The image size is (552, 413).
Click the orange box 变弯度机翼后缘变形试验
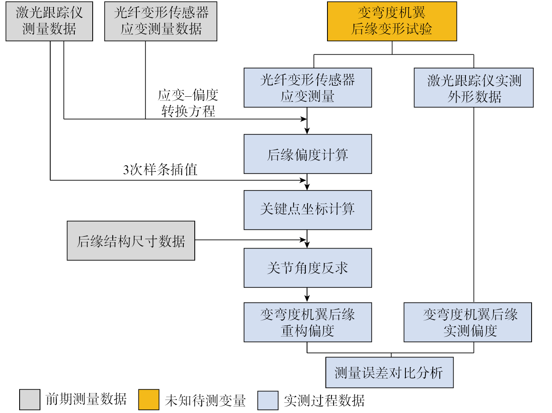click(x=392, y=21)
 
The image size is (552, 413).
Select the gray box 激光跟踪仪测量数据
click(x=49, y=21)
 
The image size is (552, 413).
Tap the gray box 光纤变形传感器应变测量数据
click(x=160, y=21)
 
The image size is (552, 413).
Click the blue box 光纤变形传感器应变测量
click(x=307, y=88)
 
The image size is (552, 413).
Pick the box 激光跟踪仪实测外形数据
click(x=474, y=88)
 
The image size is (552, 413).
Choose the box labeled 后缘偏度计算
click(x=307, y=154)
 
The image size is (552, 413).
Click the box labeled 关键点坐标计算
click(x=307, y=210)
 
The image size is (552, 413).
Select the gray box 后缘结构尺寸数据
click(x=131, y=241)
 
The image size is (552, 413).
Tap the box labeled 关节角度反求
click(x=307, y=268)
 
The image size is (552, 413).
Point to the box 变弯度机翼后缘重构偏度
click(x=307, y=322)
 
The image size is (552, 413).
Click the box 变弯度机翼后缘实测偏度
click(x=467, y=322)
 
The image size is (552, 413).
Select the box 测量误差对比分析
click(x=389, y=373)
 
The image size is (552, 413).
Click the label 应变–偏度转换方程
click(x=188, y=103)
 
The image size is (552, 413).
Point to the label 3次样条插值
click(x=160, y=170)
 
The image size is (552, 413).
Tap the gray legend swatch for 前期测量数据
click(x=30, y=400)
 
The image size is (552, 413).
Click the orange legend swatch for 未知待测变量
click(x=149, y=400)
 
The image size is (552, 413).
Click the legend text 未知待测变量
click(x=205, y=400)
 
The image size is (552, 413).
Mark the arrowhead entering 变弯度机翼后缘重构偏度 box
click(x=307, y=299)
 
